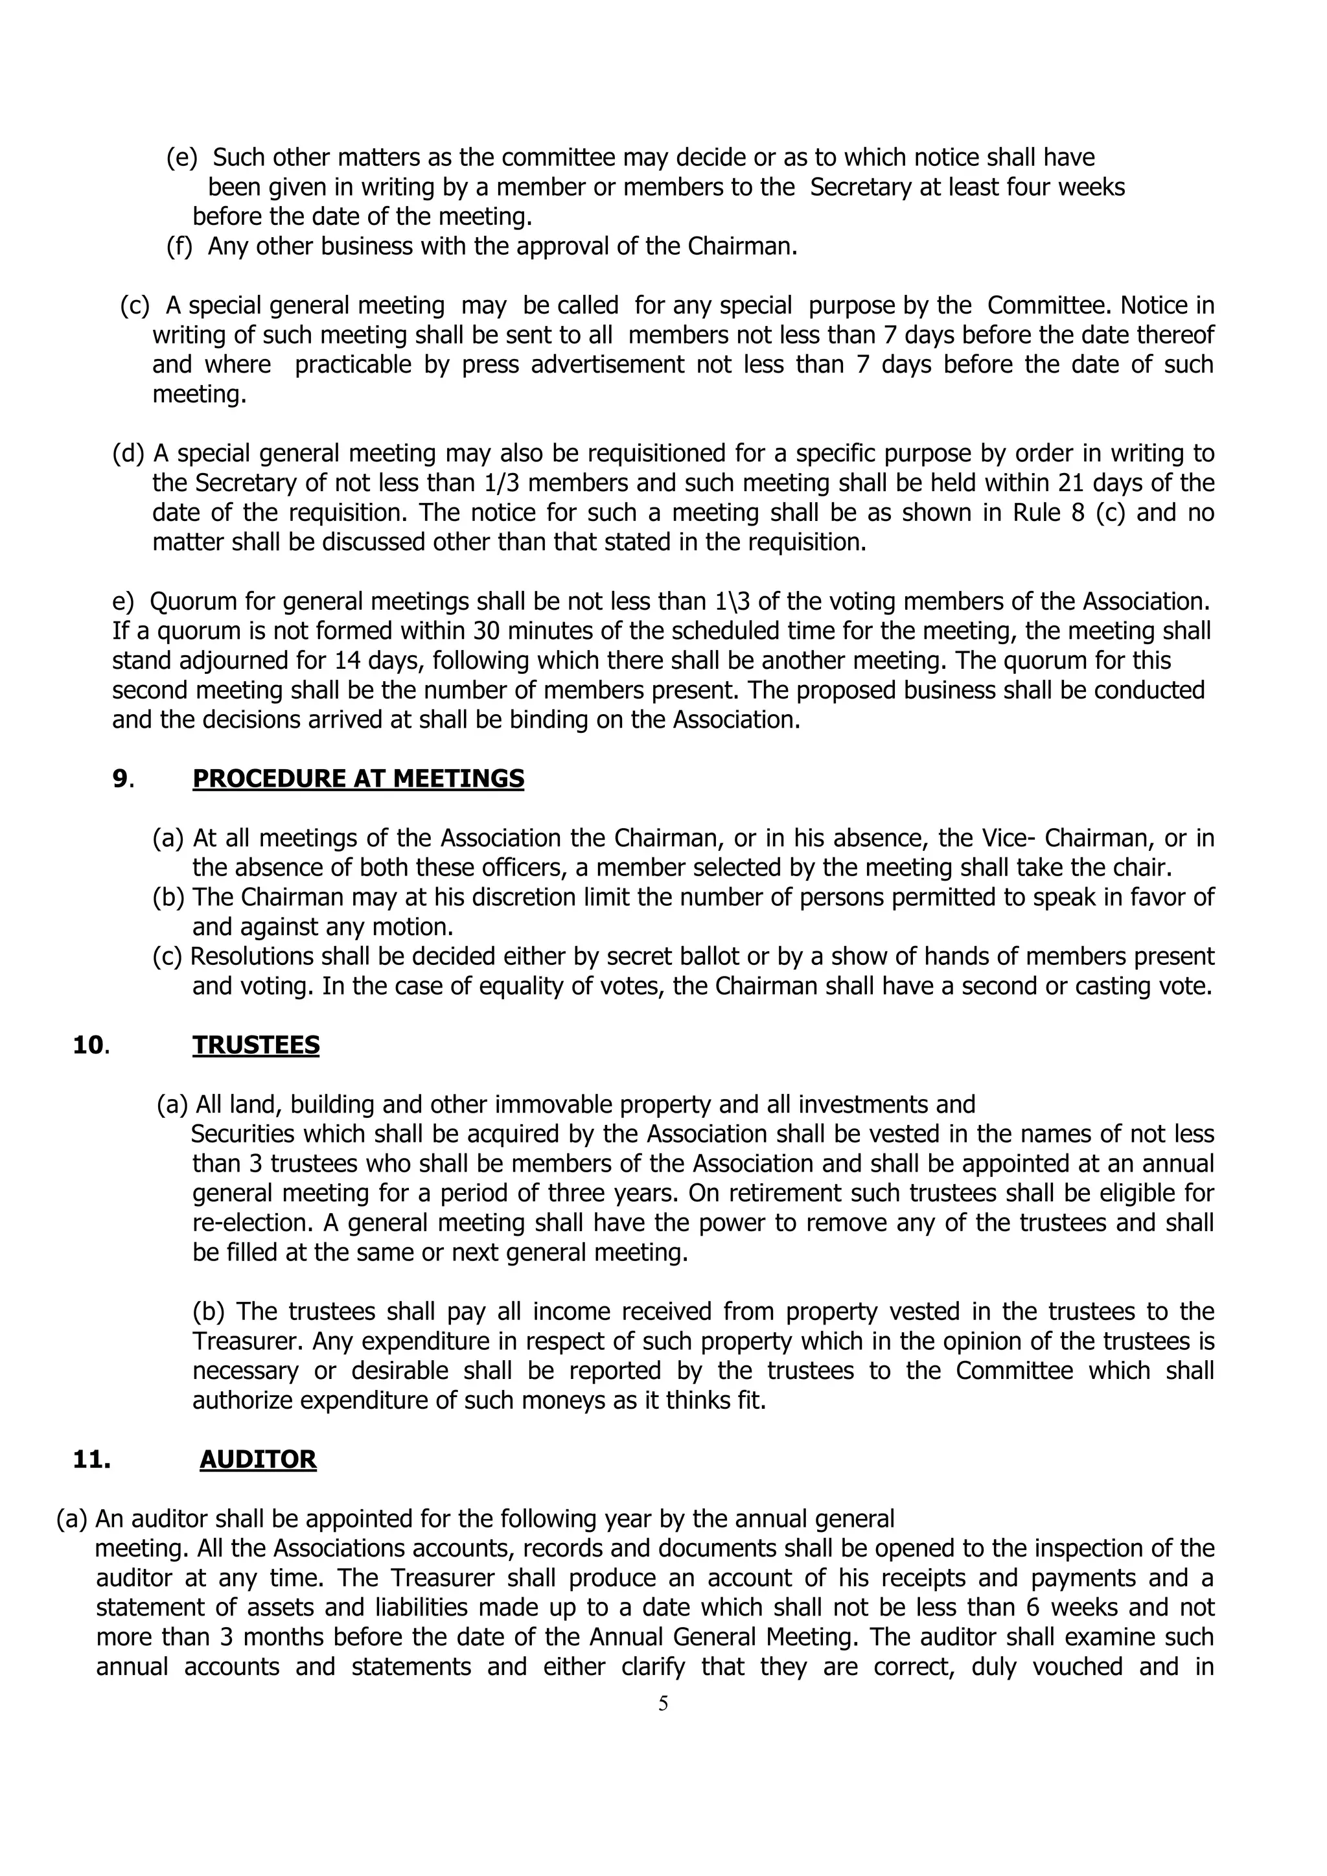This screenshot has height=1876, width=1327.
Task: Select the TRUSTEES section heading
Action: (256, 1045)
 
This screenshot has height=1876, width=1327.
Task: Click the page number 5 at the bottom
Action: (663, 1703)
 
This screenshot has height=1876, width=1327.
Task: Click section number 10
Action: (89, 1045)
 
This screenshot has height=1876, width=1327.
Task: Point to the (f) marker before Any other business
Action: (179, 246)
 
